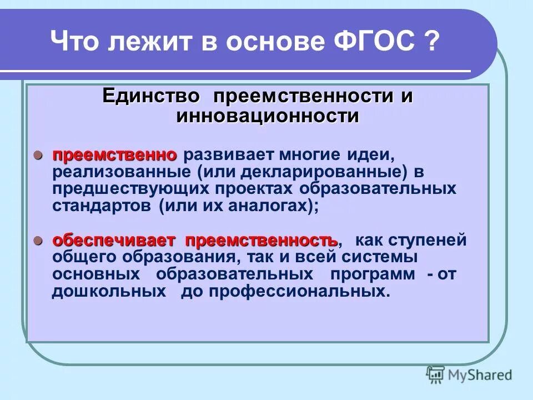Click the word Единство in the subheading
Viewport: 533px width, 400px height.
click(x=150, y=96)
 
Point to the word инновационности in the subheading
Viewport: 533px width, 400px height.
click(x=268, y=116)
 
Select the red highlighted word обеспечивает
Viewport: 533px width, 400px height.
click(x=114, y=241)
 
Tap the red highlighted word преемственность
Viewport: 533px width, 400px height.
click(x=262, y=241)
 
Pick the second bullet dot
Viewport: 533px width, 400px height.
click(x=38, y=241)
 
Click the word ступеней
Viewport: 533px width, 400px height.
click(x=431, y=241)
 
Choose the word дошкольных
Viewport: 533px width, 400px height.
click(x=109, y=292)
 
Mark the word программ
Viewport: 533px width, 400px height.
click(x=372, y=275)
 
